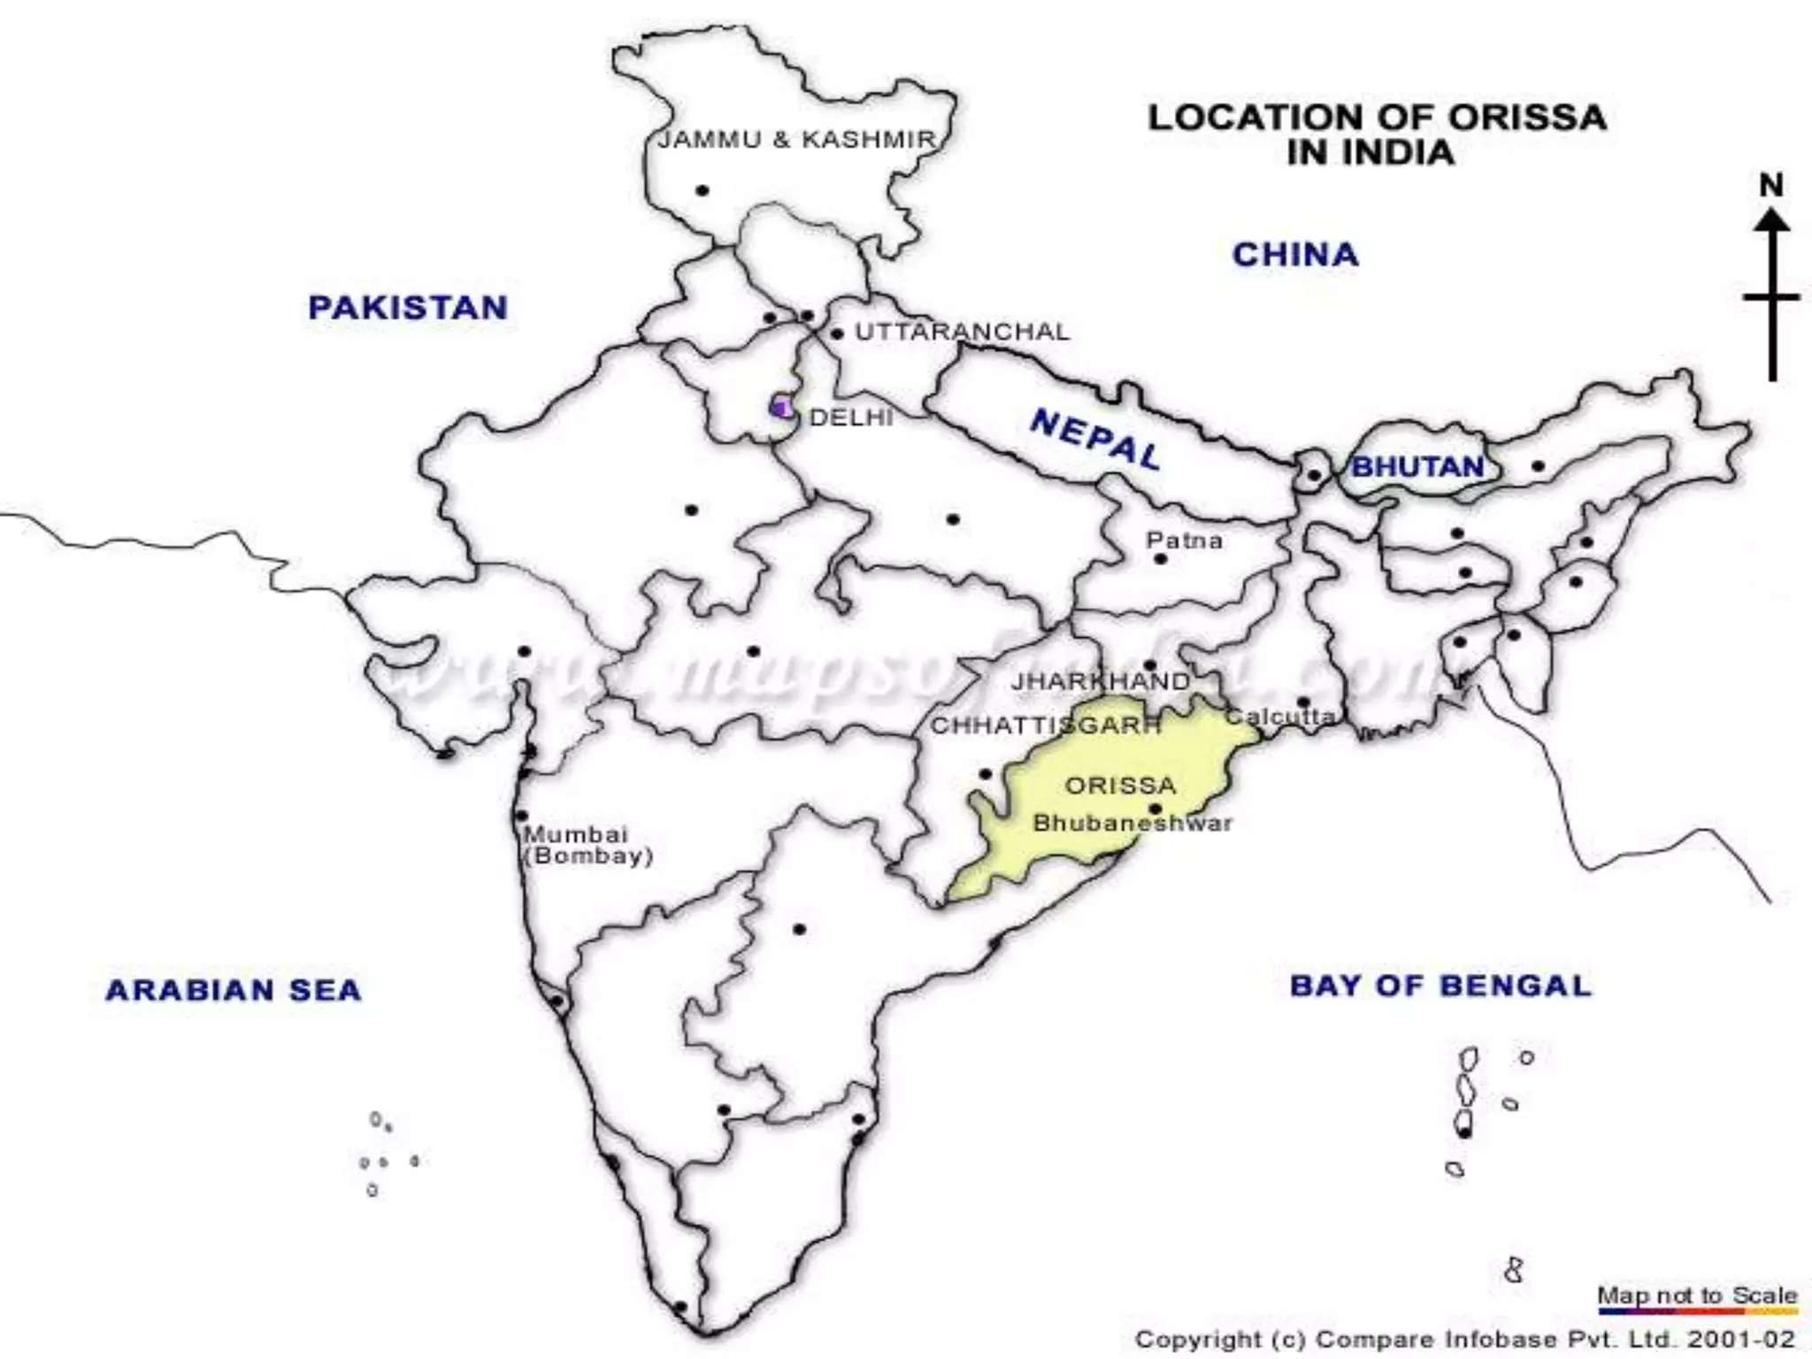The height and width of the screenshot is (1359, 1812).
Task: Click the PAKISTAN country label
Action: tap(408, 308)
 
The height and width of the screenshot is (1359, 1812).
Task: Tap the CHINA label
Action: tap(1295, 255)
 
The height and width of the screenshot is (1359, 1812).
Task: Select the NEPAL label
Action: tap(1095, 440)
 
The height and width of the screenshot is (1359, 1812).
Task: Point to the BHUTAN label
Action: tap(1417, 466)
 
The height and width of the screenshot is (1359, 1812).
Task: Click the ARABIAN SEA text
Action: tap(234, 989)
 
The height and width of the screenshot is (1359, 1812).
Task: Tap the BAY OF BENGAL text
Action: tap(1440, 986)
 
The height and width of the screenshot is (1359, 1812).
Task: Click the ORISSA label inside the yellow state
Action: tap(1120, 786)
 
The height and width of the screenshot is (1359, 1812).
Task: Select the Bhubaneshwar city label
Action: tap(1132, 824)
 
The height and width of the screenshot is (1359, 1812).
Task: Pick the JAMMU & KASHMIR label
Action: tap(796, 140)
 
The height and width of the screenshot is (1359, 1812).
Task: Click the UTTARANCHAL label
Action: tap(962, 332)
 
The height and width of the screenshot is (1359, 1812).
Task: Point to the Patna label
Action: tap(1184, 540)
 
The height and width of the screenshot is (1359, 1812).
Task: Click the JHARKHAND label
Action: tap(1101, 681)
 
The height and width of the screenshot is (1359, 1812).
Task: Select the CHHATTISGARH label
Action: tap(1045, 726)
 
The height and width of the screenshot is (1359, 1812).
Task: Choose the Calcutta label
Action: tap(1280, 717)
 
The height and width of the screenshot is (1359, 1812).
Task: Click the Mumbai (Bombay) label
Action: tap(587, 845)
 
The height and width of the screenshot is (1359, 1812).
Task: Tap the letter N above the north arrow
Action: tap(1770, 186)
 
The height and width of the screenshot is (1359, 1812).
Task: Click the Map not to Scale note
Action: tap(1697, 1295)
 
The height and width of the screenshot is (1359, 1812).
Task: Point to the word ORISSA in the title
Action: tap(1527, 118)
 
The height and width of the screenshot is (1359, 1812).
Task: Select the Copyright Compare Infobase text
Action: tap(1465, 1340)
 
